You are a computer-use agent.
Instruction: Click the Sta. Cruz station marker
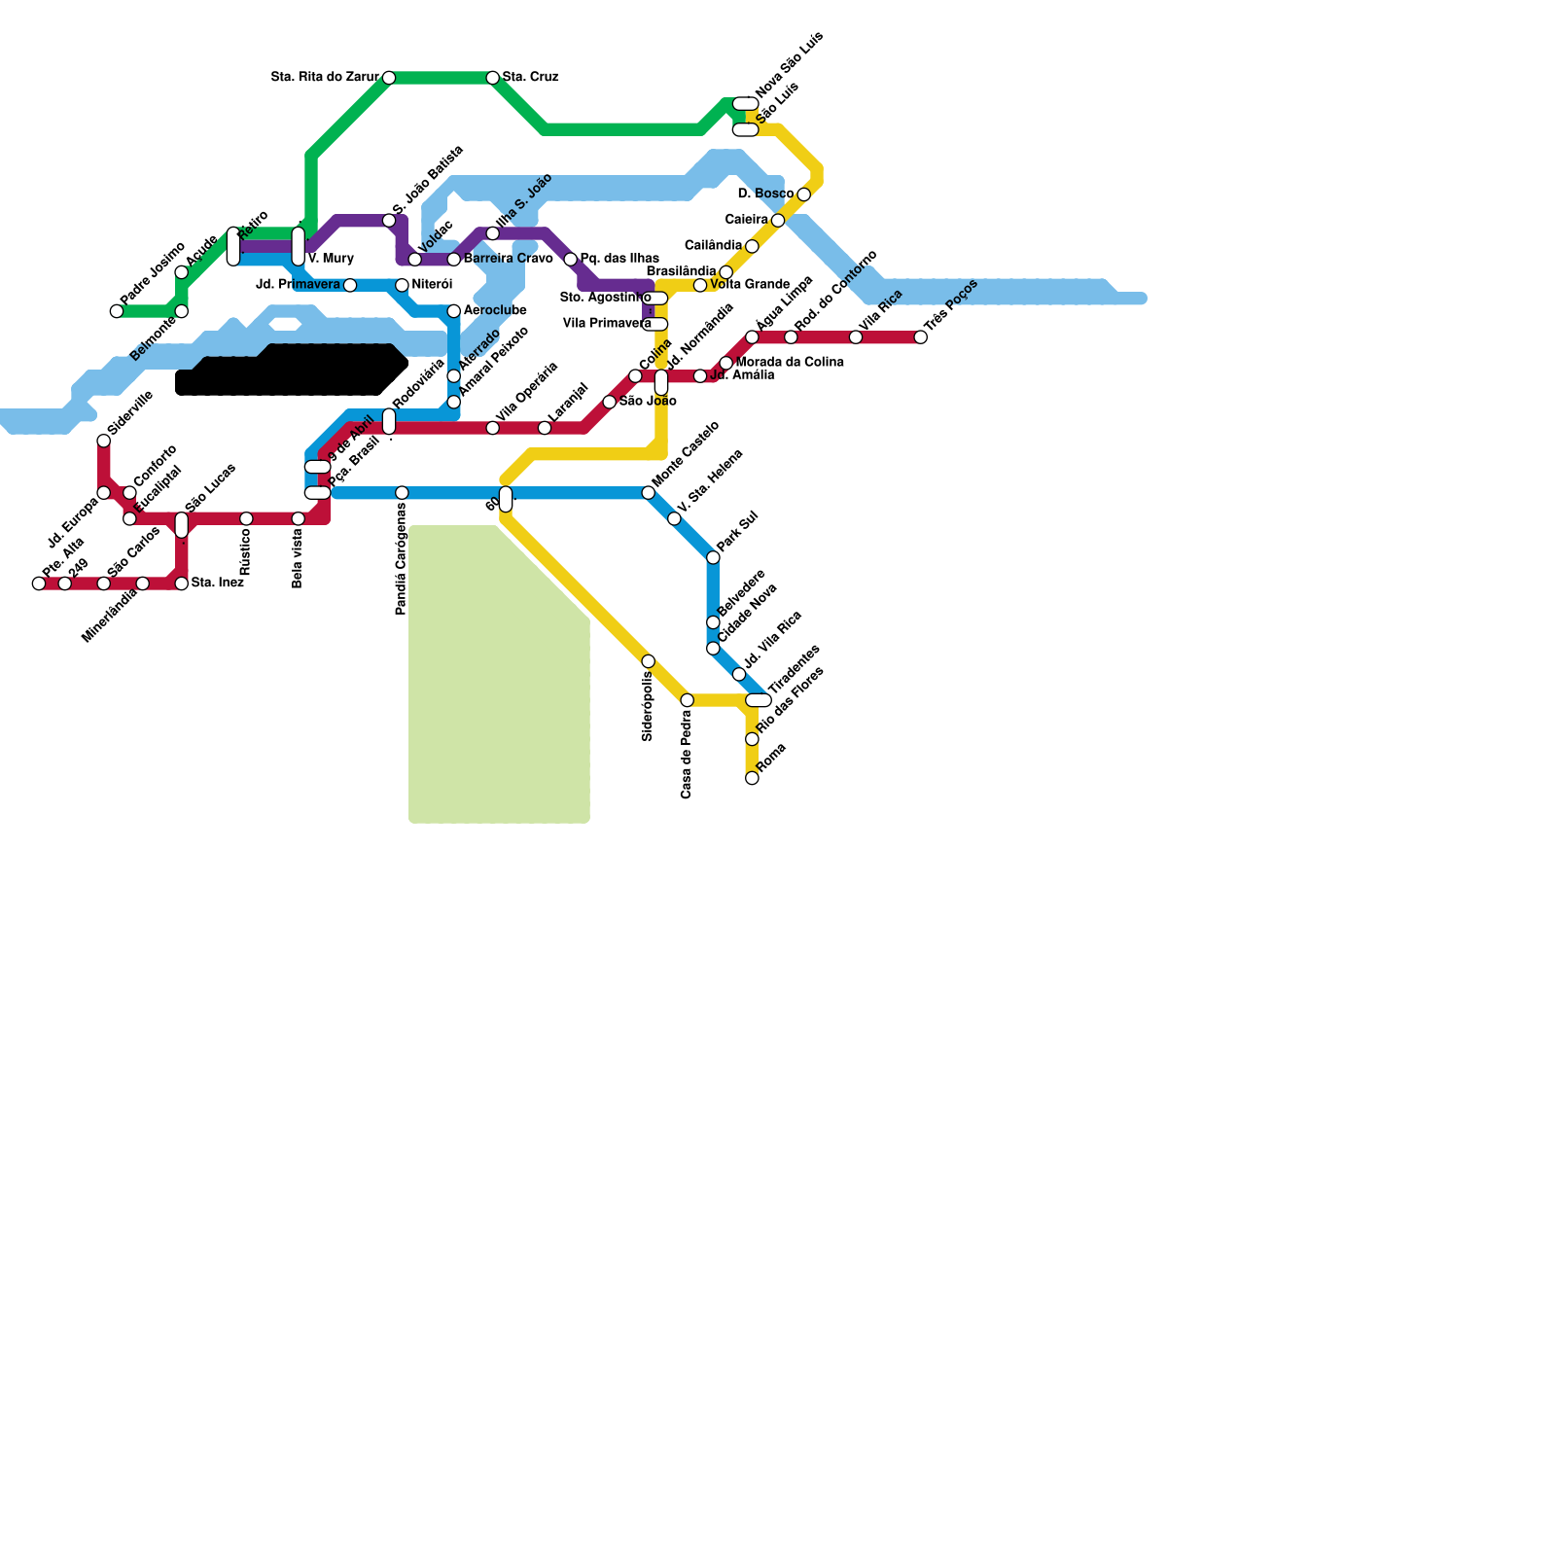point(493,78)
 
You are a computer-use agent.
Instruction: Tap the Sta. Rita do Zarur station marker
point(389,78)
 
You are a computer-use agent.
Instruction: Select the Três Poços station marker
point(921,337)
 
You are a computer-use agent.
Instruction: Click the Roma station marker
point(752,778)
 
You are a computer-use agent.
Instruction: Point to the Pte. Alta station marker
point(39,583)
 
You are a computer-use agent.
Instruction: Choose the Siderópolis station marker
point(649,661)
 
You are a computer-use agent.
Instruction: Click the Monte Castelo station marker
point(649,493)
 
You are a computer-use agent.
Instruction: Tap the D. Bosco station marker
point(803,194)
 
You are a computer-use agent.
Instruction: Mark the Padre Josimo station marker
point(117,311)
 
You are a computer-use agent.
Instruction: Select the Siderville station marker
point(104,442)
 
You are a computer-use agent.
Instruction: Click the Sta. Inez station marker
point(182,583)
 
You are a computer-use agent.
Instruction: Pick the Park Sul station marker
point(713,557)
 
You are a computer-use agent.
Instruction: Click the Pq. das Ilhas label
point(619,259)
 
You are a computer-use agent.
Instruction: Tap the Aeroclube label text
point(495,310)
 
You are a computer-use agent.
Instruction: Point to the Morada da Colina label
point(790,362)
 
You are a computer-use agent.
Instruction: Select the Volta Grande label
point(750,284)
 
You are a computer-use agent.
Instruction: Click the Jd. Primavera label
point(298,285)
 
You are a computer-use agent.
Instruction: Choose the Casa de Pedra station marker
point(688,700)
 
